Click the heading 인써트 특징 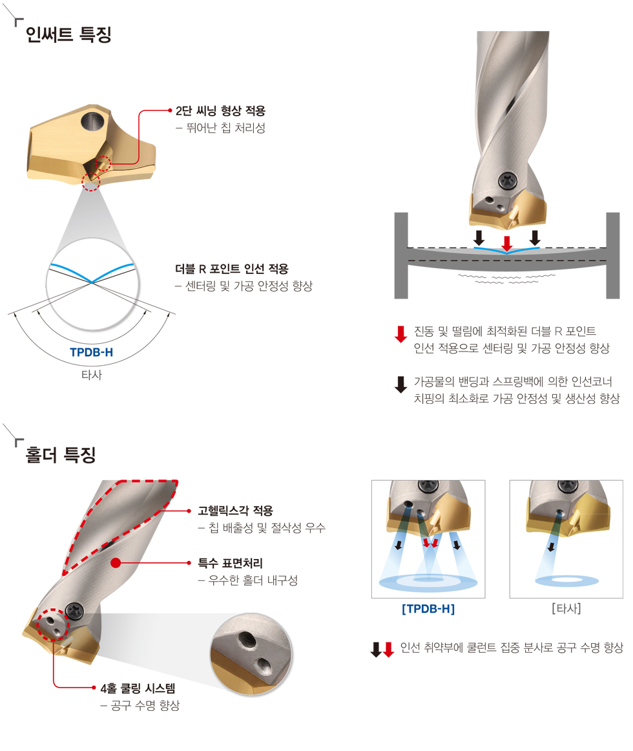(68, 34)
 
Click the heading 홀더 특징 (61, 454)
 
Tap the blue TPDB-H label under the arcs (92, 352)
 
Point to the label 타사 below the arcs (92, 375)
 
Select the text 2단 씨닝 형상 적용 (220, 111)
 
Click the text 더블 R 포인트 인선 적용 (232, 269)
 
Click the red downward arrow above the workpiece (506, 243)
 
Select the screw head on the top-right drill (507, 181)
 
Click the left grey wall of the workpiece (401, 255)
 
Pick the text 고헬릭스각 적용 (236, 511)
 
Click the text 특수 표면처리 (231, 564)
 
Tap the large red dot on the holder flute (116, 563)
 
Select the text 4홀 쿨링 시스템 (138, 688)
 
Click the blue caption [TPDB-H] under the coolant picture (428, 609)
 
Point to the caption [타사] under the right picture (566, 609)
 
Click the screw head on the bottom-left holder (75, 611)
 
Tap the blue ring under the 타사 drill (567, 582)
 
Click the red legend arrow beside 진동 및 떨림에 (400, 334)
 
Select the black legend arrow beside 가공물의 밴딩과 (400, 384)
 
